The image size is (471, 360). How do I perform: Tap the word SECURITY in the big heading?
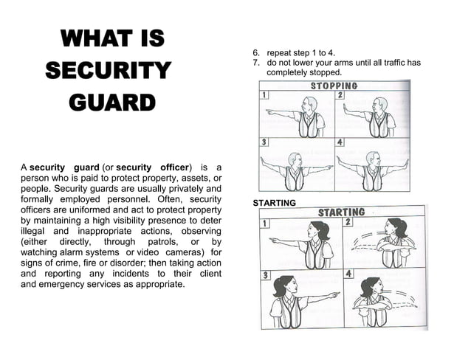pyautogui.click(x=108, y=71)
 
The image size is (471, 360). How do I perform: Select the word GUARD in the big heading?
pyautogui.click(x=112, y=103)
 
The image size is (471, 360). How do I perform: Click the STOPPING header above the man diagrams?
pyautogui.click(x=334, y=86)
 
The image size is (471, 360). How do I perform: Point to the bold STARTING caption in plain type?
pyautogui.click(x=275, y=202)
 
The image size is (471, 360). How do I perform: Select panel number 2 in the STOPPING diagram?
pyautogui.click(x=340, y=96)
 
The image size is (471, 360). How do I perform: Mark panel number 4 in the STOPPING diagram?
pyautogui.click(x=340, y=142)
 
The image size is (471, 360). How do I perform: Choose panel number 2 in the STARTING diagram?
pyautogui.click(x=348, y=221)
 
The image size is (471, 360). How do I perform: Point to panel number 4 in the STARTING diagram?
pyautogui.click(x=348, y=274)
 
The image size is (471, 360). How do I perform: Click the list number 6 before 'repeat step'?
pyautogui.click(x=255, y=53)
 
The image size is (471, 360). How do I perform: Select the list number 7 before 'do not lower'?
pyautogui.click(x=255, y=63)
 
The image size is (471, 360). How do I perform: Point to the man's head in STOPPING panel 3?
pyautogui.click(x=294, y=159)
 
